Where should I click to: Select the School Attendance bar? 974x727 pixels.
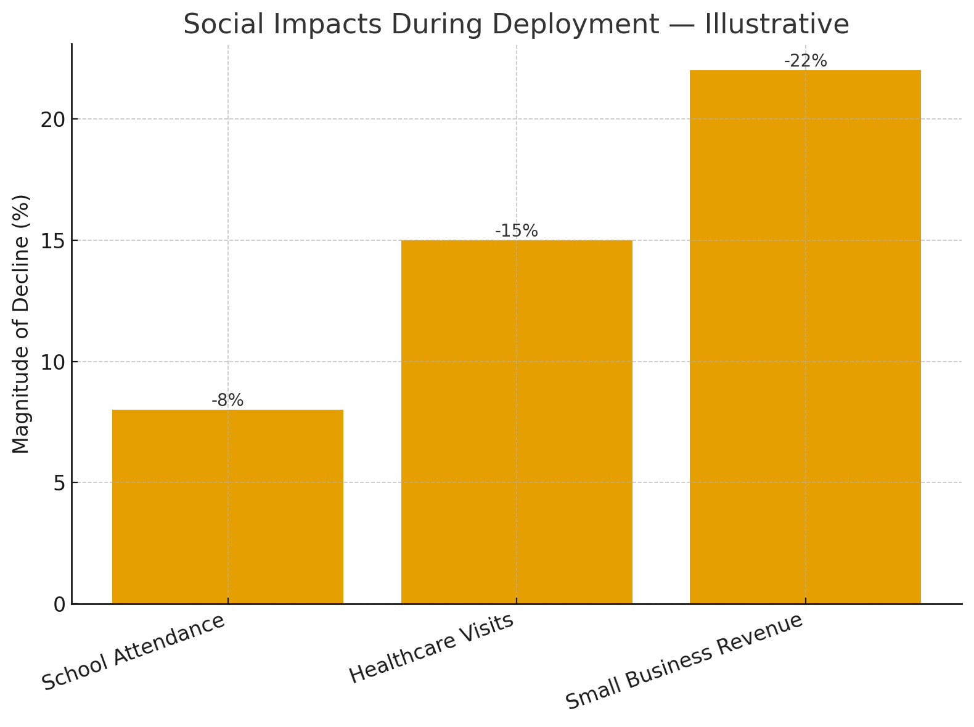click(x=227, y=506)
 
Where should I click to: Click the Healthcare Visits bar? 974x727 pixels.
click(x=517, y=422)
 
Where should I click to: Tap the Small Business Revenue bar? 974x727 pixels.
click(x=805, y=337)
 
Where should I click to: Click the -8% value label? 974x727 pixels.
click(x=227, y=400)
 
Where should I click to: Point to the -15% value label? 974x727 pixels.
click(x=517, y=231)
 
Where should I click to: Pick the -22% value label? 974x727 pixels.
click(x=805, y=61)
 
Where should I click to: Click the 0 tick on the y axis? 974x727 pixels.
click(x=60, y=604)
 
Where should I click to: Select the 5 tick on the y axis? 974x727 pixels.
click(x=60, y=483)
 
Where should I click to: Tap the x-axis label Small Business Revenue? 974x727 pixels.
click(x=685, y=662)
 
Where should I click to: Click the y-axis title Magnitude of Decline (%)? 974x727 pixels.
click(x=21, y=324)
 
